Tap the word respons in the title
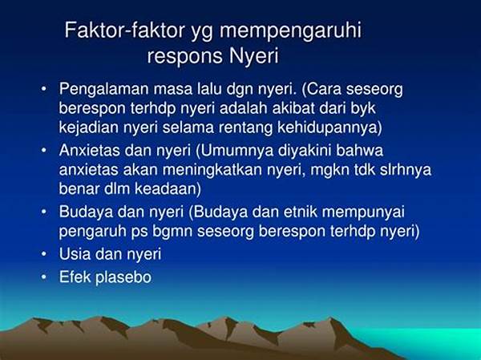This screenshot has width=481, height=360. point(185,58)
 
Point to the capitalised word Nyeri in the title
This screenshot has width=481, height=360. point(254,58)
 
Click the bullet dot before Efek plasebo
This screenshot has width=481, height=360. point(44,277)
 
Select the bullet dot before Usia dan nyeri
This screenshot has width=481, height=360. point(44,255)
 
